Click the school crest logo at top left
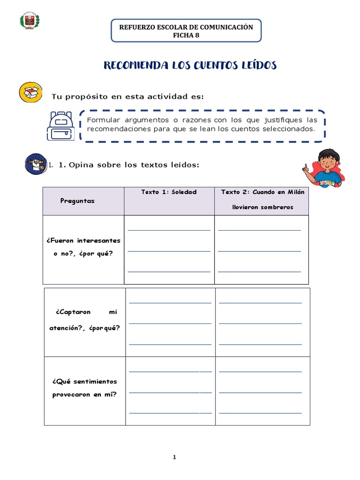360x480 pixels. point(30,22)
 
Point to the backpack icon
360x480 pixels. point(60,126)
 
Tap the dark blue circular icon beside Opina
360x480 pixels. point(36,164)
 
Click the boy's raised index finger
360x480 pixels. point(306,166)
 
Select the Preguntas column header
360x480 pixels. point(77,201)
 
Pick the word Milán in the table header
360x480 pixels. point(295,192)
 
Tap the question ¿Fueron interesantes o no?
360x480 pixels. point(83,247)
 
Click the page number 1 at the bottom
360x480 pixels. point(174,457)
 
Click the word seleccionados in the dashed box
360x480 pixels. point(290,128)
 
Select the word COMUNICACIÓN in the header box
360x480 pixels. point(221,27)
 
